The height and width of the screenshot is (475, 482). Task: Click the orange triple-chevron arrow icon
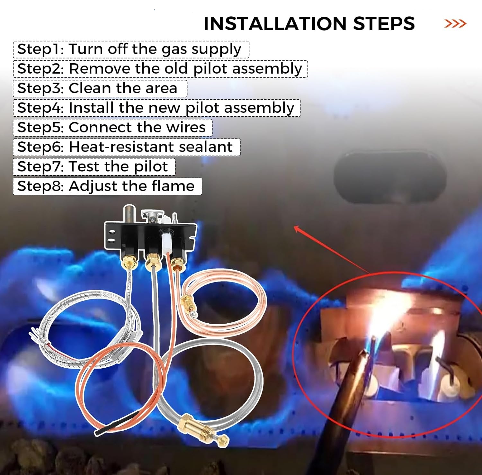coord(455,23)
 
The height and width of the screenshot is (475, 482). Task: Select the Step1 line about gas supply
coord(129,49)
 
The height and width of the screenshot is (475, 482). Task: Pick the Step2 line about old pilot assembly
coord(160,69)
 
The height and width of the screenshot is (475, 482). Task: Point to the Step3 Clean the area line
coord(97,88)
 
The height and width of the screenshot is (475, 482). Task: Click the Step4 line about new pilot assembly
coord(156,108)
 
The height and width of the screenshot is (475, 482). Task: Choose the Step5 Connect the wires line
coord(111,128)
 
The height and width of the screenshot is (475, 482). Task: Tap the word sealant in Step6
coord(206,147)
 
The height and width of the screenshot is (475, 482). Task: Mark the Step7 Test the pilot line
coord(93,167)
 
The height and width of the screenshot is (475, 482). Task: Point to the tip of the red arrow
coord(295,227)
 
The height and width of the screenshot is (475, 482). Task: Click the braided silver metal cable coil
coord(93,325)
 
